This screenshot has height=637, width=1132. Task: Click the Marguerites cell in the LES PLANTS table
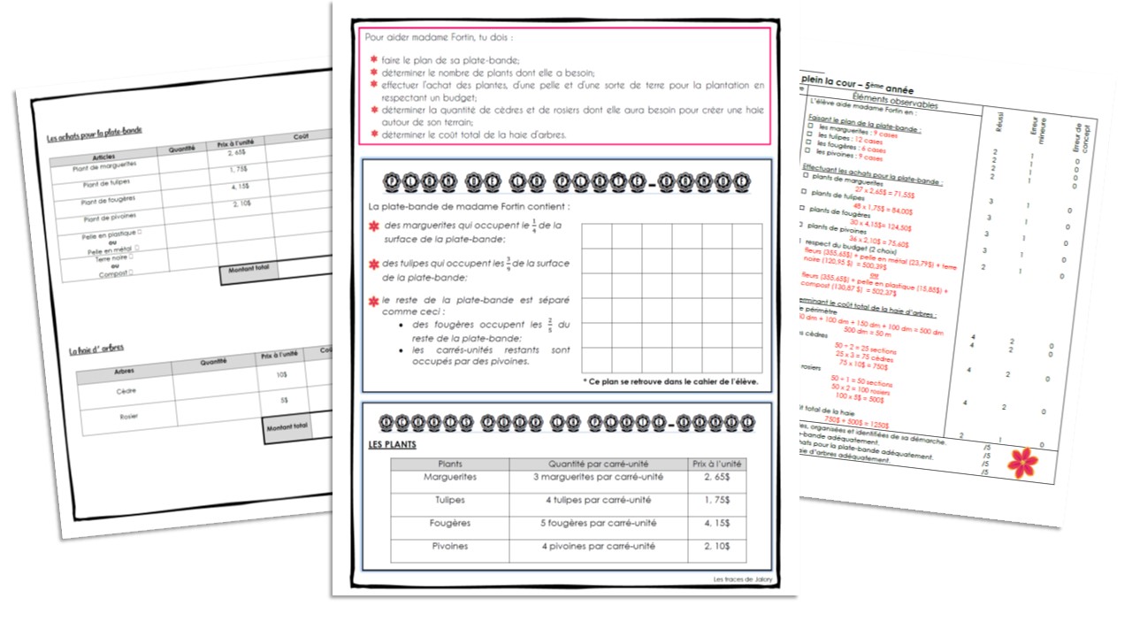point(450,478)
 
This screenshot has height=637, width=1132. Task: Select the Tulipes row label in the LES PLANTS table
point(450,501)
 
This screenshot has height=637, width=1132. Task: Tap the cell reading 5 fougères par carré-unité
point(599,524)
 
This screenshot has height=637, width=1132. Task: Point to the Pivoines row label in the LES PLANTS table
point(450,547)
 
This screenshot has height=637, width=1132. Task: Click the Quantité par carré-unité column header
point(599,464)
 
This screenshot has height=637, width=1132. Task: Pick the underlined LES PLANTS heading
point(393,444)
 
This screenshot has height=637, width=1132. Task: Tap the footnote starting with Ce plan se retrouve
point(670,382)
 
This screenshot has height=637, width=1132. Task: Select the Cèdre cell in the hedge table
point(126,390)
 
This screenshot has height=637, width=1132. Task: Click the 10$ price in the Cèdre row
point(280,375)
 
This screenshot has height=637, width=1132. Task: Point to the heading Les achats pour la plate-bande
point(95,133)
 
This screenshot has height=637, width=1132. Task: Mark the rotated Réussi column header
point(998,127)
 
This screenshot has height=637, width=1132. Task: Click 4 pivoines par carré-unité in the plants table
point(599,547)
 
